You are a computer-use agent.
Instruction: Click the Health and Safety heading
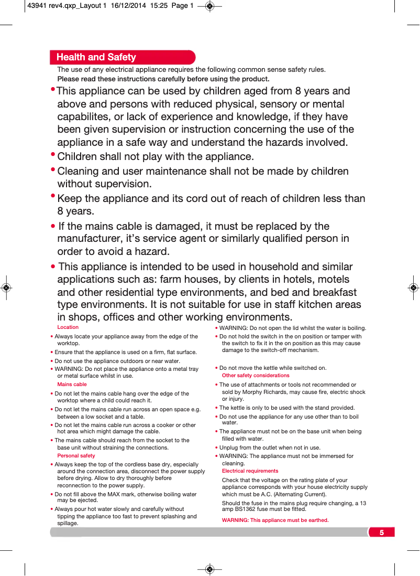click(x=96, y=57)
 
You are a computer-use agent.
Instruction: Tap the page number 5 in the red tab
click(x=381, y=532)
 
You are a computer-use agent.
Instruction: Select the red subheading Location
click(x=68, y=327)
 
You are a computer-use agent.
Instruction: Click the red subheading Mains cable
click(x=72, y=385)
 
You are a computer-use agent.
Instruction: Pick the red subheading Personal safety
click(x=76, y=456)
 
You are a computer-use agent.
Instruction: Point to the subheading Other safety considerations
click(x=256, y=376)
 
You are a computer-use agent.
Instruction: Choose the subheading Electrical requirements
click(x=250, y=471)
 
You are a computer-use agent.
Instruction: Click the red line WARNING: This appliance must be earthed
click(x=275, y=520)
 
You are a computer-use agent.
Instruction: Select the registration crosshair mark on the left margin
click(x=6, y=288)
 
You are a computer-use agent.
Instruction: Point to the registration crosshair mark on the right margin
click(x=413, y=288)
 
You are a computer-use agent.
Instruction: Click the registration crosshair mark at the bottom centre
click(x=209, y=569)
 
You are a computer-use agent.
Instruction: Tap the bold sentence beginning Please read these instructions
click(x=163, y=79)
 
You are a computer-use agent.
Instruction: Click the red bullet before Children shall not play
click(x=53, y=155)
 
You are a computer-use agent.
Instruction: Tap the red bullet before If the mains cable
click(x=53, y=227)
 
